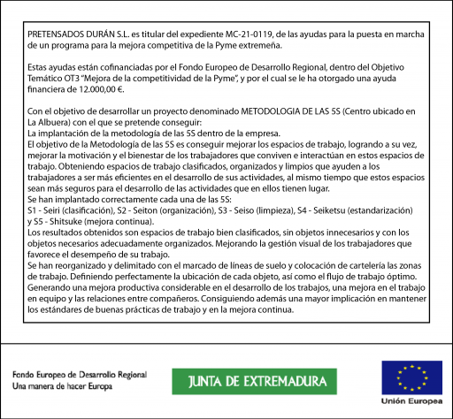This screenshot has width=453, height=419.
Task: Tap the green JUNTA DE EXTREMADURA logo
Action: (x=254, y=381)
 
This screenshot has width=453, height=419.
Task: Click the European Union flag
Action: (x=405, y=376)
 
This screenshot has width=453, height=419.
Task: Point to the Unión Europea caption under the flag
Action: (x=405, y=400)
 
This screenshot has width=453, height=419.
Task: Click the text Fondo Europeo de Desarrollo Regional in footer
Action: (x=79, y=374)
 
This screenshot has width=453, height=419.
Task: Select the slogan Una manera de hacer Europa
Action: (x=62, y=386)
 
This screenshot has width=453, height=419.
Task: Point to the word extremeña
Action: (x=255, y=42)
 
